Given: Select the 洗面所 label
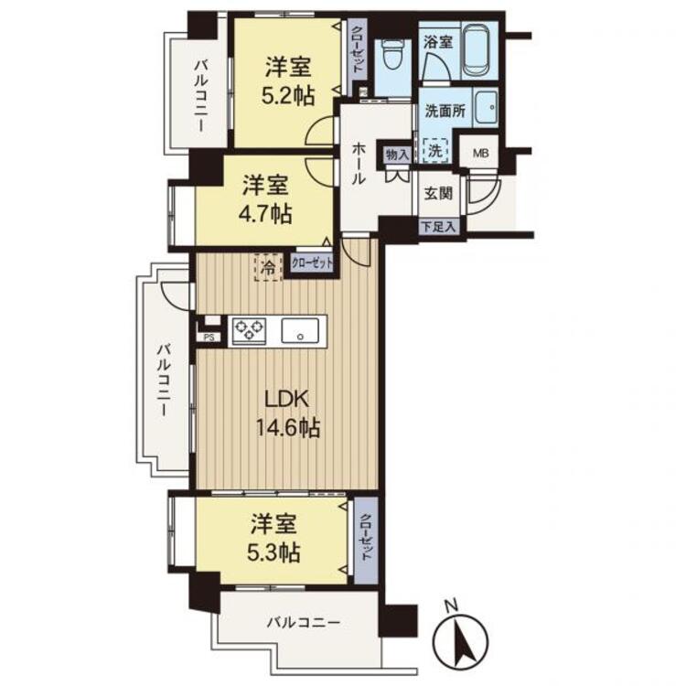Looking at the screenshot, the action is (445, 111).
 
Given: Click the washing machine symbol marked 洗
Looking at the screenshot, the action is (435, 151).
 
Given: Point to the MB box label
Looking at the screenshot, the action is (480, 153).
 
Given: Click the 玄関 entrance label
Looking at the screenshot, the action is (438, 193).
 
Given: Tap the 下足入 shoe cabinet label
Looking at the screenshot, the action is (439, 227).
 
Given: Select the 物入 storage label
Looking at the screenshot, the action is (397, 154).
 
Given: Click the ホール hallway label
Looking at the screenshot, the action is (359, 165).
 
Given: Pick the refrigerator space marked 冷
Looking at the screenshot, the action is (268, 267).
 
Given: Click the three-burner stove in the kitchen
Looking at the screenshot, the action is (249, 330).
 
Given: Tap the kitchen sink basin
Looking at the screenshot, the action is (300, 330).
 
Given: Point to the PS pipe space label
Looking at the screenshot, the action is (209, 338).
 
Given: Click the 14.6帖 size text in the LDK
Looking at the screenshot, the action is (288, 428).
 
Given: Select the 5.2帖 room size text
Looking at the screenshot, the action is (287, 96).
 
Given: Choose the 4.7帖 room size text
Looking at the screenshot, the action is (265, 214).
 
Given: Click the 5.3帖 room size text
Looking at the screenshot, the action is (273, 553).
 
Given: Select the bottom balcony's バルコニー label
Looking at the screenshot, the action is (304, 623).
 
